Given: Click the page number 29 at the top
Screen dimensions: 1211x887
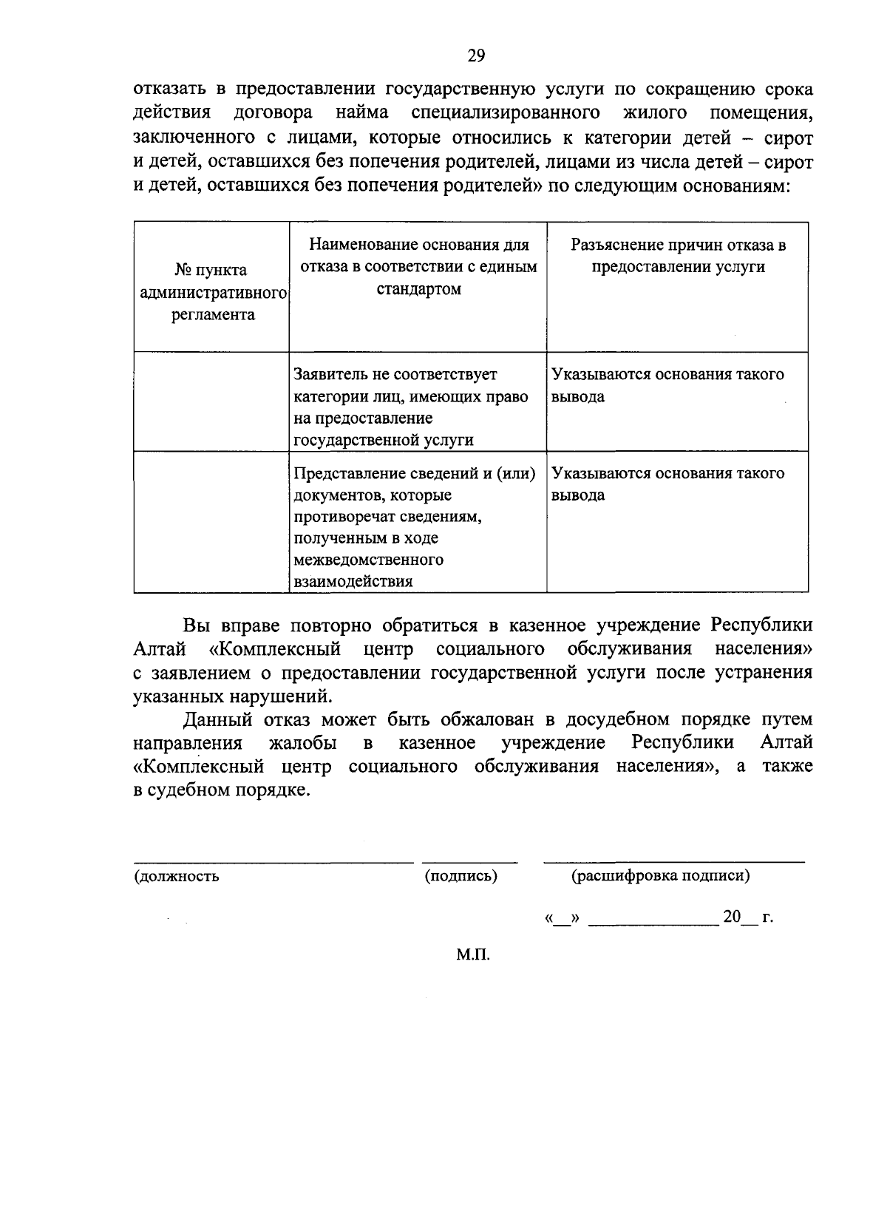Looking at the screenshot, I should [x=475, y=55].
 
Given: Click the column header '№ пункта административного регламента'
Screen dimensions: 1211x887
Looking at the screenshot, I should [x=211, y=292].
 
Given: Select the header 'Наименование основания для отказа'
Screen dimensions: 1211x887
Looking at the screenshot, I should [x=418, y=266].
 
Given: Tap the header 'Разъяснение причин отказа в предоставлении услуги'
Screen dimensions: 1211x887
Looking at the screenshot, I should [x=677, y=256].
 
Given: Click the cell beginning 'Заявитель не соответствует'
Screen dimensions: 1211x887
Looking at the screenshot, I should [x=411, y=407].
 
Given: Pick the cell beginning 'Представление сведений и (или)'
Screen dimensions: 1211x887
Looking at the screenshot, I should [x=414, y=526].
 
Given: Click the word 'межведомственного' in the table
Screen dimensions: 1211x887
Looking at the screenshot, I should [x=368, y=559].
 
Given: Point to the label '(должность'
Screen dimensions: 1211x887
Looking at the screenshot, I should [x=177, y=877].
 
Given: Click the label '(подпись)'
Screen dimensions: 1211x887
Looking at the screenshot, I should [x=461, y=876].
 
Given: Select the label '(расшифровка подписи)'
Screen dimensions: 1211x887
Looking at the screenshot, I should [x=660, y=876].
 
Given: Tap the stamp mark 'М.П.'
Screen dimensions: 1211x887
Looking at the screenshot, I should [x=473, y=954].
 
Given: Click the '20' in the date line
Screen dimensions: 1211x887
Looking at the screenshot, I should [x=732, y=917].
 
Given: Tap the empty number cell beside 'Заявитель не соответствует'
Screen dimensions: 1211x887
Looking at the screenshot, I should [x=211, y=401].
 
